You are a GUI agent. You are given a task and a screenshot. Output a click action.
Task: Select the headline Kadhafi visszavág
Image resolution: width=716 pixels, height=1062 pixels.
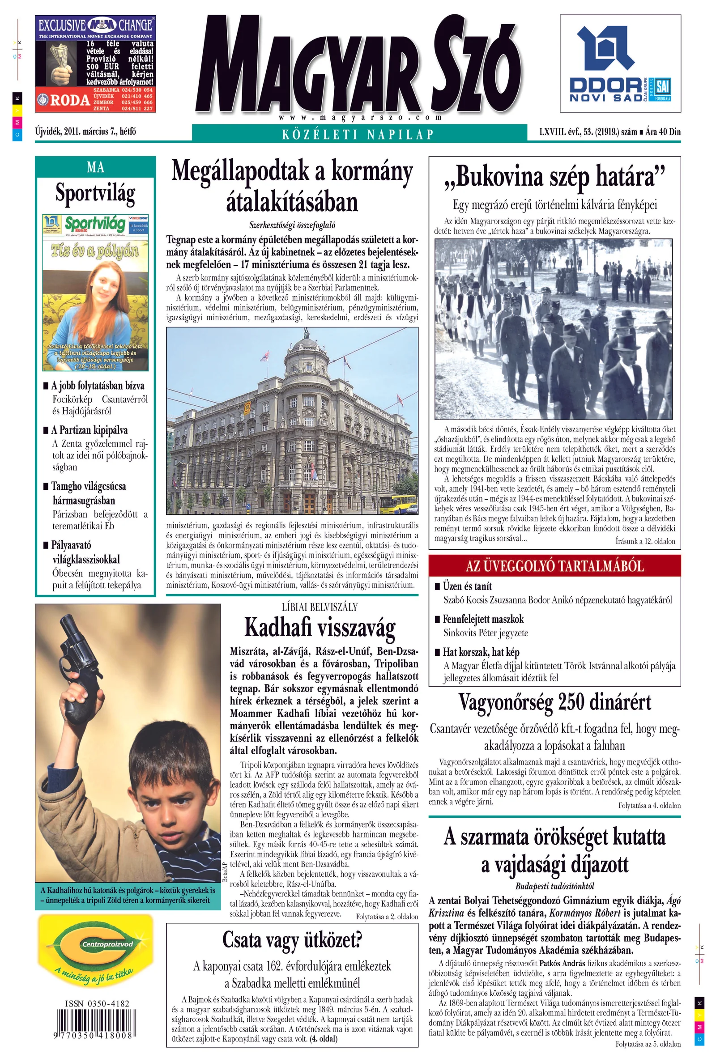pyautogui.click(x=320, y=627)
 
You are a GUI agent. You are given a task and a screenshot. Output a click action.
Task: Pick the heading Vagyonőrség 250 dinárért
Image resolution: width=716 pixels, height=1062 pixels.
pyautogui.click(x=554, y=702)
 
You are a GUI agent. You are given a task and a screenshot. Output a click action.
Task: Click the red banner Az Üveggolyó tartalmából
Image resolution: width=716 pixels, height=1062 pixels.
pyautogui.click(x=554, y=566)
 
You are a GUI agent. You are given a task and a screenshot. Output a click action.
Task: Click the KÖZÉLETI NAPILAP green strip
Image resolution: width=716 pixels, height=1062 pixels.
pyautogui.click(x=358, y=134)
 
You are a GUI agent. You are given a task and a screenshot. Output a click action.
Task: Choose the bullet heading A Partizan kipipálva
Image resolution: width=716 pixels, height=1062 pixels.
pyautogui.click(x=89, y=430)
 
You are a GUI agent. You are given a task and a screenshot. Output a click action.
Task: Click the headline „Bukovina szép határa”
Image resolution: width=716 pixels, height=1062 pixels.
pyautogui.click(x=554, y=177)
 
